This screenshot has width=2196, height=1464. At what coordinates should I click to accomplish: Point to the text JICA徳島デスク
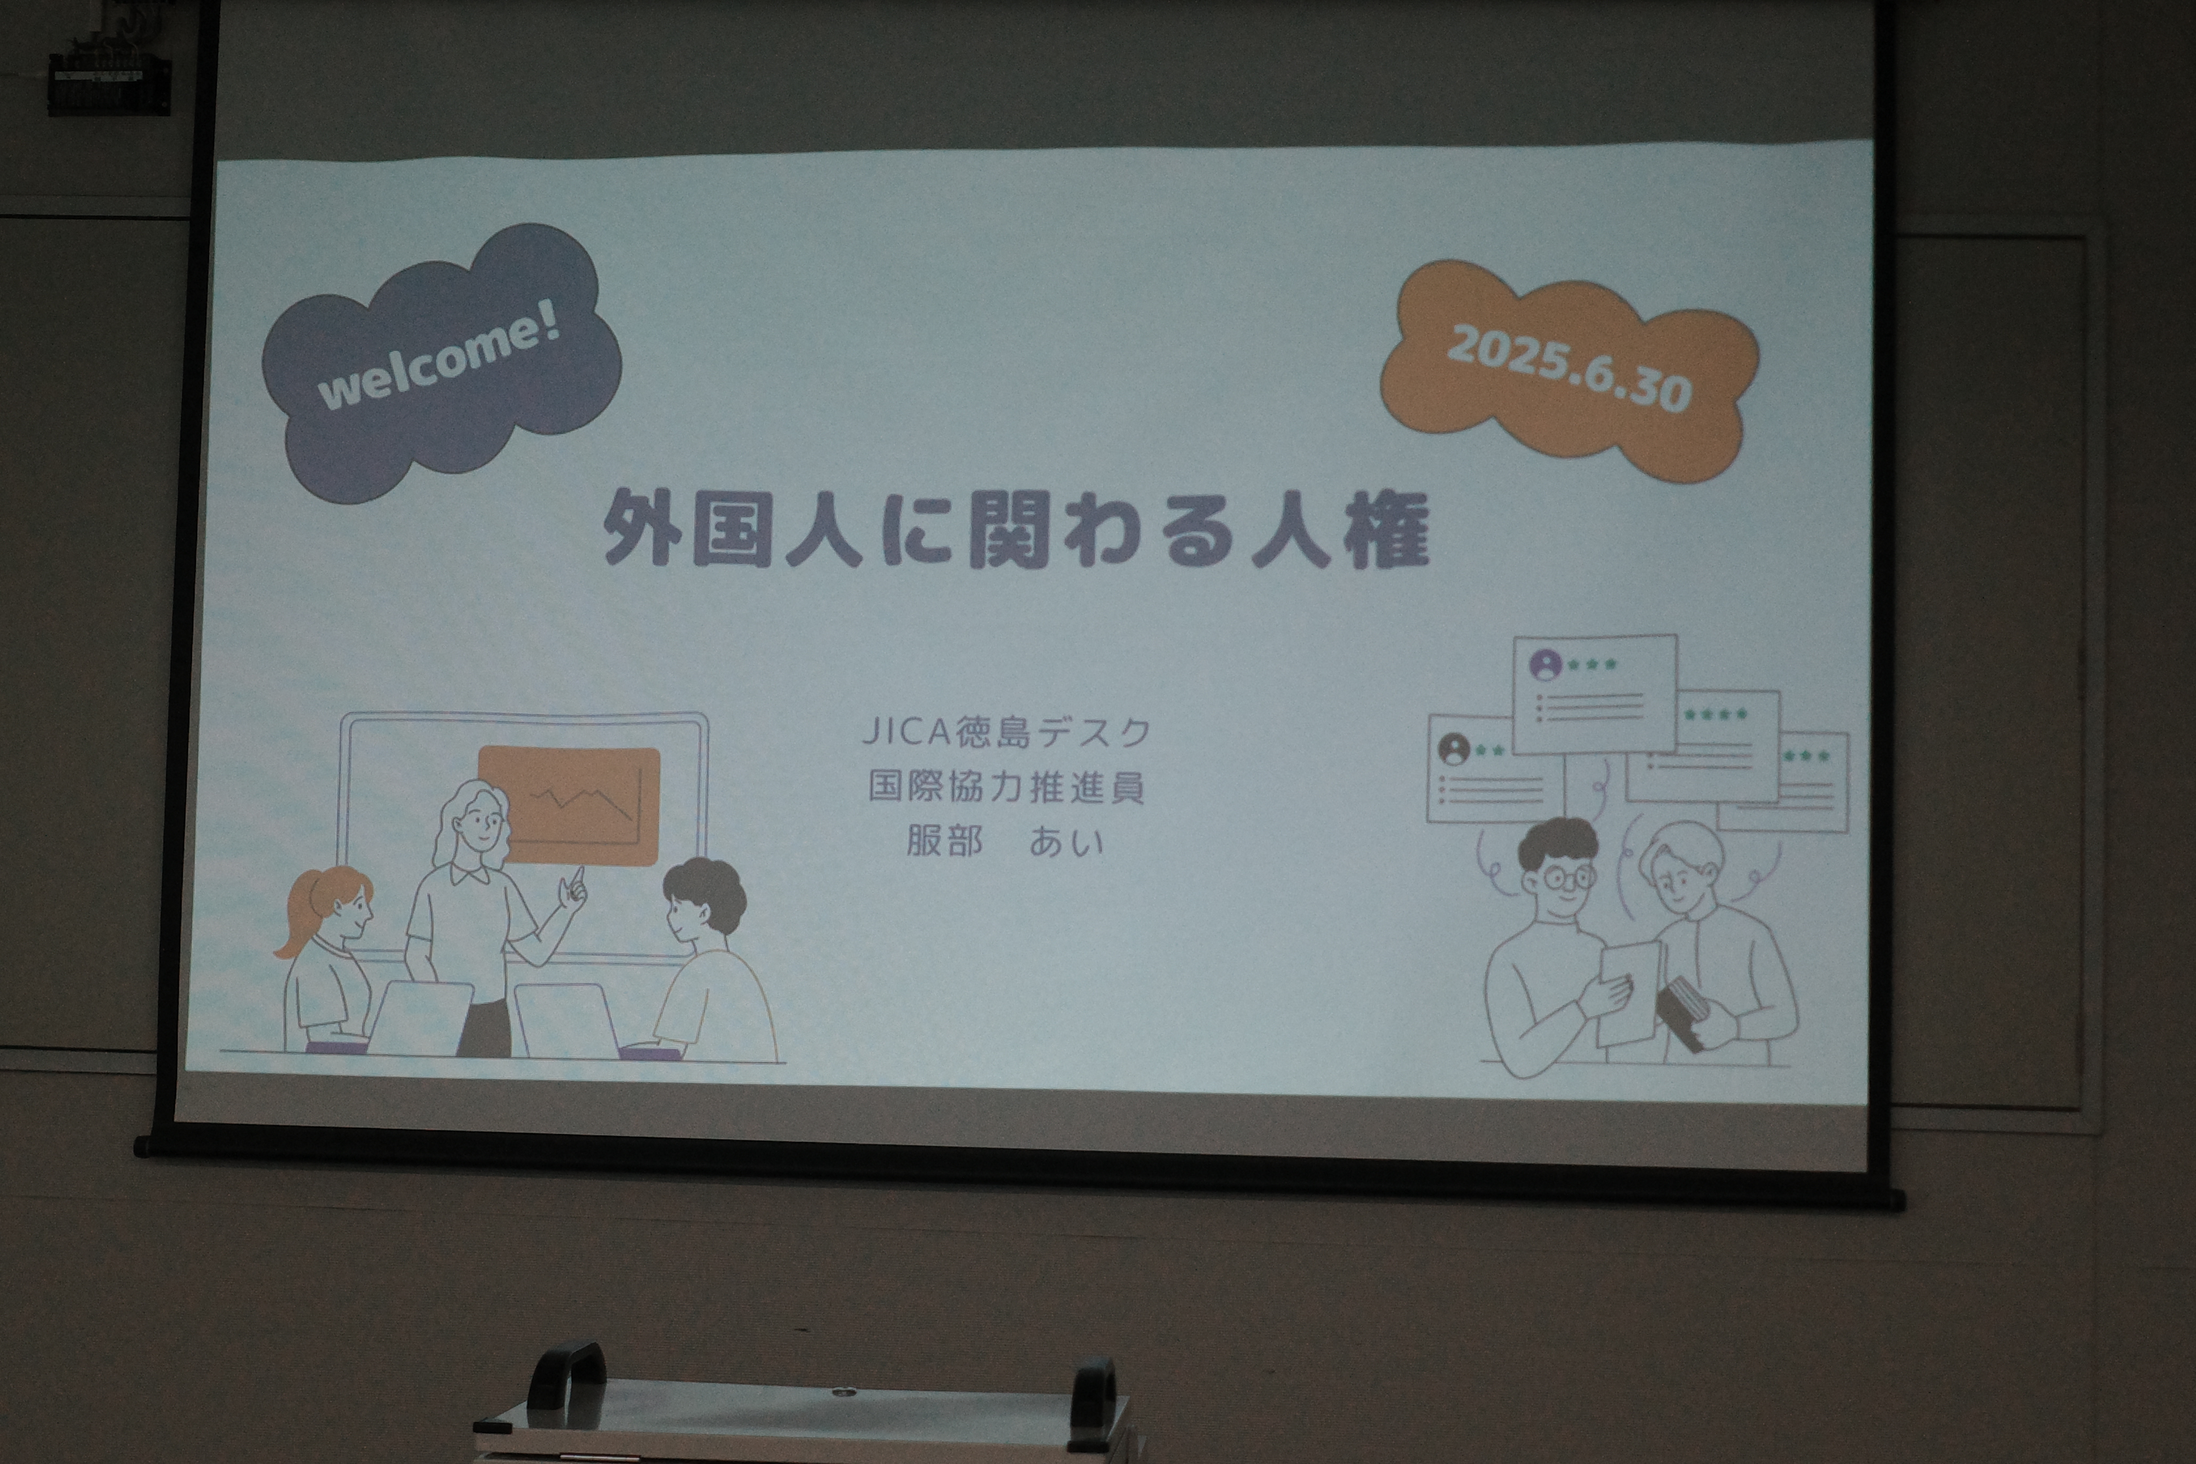point(1006,732)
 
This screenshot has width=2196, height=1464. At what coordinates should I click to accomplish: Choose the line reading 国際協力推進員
point(1006,787)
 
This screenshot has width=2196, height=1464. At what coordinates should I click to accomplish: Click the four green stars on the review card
point(1715,714)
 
